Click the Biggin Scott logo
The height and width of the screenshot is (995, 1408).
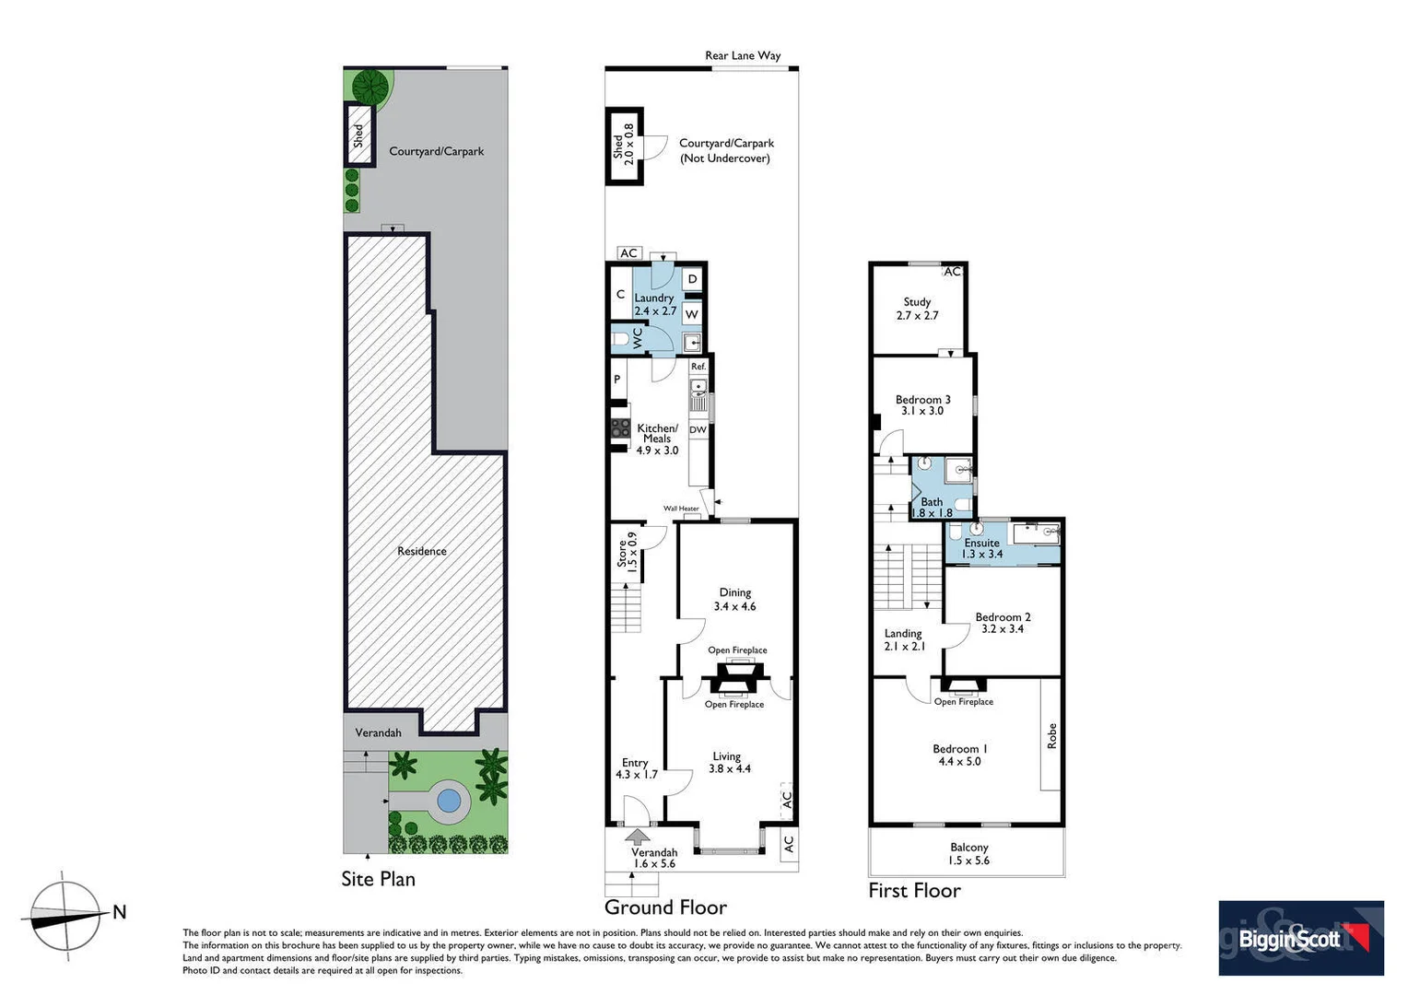[x=1300, y=938]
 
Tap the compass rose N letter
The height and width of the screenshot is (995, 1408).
[x=119, y=912]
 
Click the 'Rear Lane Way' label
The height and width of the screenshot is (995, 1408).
[x=743, y=55]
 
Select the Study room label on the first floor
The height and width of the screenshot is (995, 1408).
[x=917, y=308]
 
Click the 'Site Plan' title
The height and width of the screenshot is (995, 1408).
[x=378, y=879]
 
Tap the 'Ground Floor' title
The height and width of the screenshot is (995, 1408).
[x=665, y=907]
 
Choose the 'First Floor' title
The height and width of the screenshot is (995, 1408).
[x=914, y=890]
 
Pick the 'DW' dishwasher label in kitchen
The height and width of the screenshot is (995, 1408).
[x=698, y=429]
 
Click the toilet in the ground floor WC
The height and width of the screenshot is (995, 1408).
[x=621, y=339]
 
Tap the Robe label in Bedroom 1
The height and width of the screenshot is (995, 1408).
[x=1051, y=734]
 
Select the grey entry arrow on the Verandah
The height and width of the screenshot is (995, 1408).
[x=636, y=836]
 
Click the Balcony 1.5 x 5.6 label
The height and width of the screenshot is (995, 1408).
[x=968, y=853]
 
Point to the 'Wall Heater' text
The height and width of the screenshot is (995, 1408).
[x=681, y=509]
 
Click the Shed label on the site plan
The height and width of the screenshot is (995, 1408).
[x=358, y=135]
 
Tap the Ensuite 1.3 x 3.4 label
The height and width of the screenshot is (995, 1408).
[x=982, y=548]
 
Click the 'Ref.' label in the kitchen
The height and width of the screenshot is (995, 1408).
[x=698, y=367]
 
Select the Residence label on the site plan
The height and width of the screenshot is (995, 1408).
[x=422, y=551]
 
